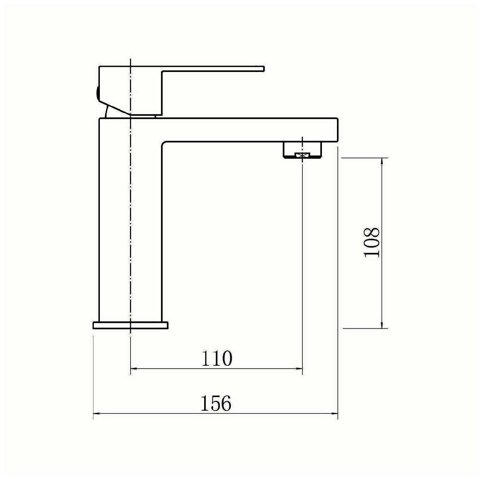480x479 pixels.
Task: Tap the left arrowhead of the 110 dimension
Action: click(x=134, y=369)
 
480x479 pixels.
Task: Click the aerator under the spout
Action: click(x=302, y=150)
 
